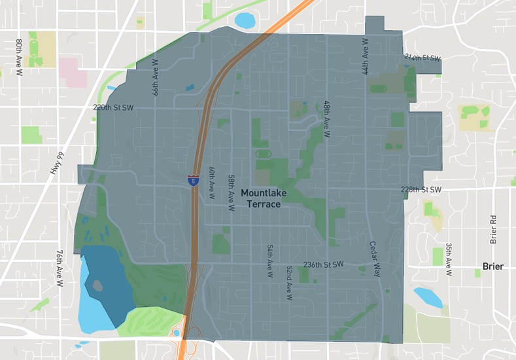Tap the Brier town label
coord(493,266)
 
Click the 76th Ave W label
coord(59,268)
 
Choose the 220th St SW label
coord(114,107)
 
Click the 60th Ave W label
coord(212,183)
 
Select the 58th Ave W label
coord(231,192)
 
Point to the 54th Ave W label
coord(269,262)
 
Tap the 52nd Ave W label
coord(289,282)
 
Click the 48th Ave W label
coord(327,119)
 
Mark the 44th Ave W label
coord(366,55)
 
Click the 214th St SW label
coord(422,58)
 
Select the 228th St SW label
coord(421,190)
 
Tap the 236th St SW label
coord(323,265)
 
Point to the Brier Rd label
coord(494,228)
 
